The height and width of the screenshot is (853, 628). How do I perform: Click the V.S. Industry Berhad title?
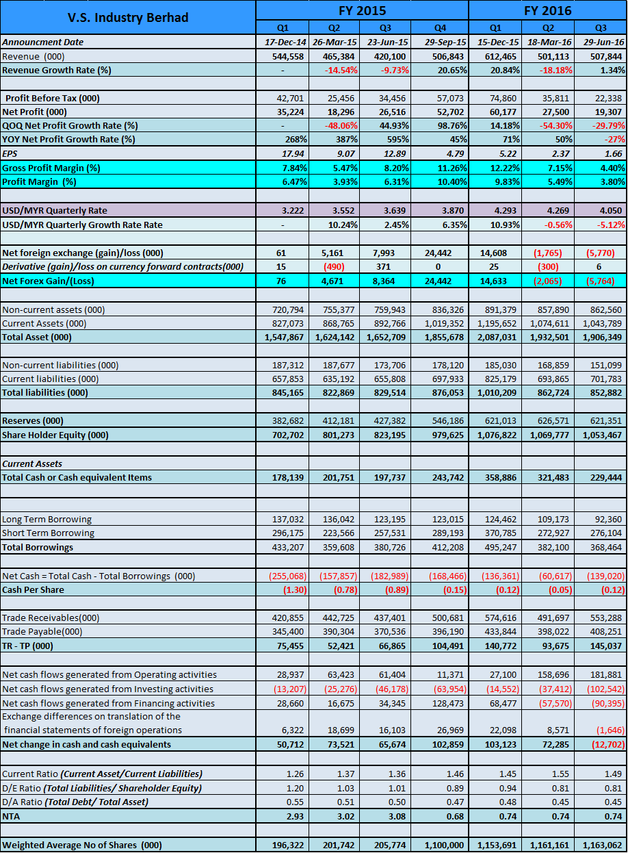(x=128, y=17)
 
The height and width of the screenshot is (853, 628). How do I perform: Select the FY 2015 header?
(x=362, y=10)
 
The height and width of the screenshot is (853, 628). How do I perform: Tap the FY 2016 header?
(x=547, y=10)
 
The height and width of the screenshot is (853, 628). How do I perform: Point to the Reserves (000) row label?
(x=33, y=420)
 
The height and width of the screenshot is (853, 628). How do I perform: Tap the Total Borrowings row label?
(x=38, y=547)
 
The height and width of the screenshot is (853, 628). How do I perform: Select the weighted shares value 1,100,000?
(x=443, y=845)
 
